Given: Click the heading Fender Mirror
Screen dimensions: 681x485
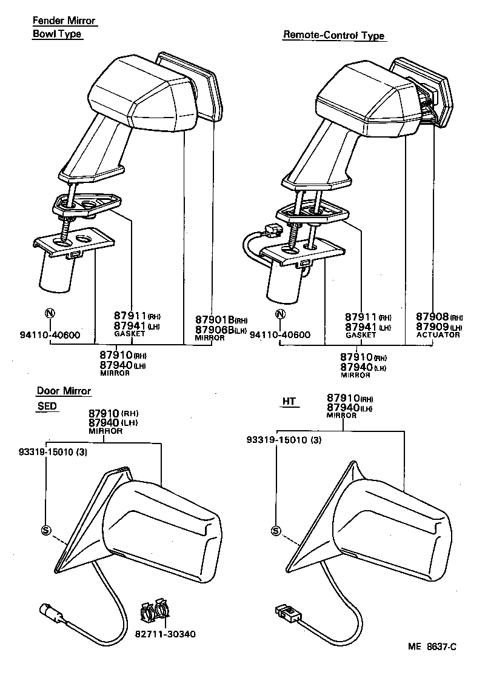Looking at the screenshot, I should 64,21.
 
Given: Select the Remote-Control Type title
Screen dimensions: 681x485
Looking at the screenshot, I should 333,35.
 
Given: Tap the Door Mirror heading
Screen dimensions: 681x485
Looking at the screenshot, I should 64,391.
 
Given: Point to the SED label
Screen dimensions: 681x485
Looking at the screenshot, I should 47,406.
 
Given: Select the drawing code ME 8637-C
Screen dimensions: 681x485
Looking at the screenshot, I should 432,646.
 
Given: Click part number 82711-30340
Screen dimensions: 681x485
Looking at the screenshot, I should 166,634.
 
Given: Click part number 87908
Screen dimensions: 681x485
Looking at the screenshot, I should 432,317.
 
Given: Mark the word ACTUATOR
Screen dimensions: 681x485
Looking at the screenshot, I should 438,335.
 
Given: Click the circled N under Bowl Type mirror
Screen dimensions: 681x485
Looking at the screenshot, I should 50,314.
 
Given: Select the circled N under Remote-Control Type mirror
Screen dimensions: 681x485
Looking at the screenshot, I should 279,314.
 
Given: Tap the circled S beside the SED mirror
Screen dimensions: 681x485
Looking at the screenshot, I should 45,530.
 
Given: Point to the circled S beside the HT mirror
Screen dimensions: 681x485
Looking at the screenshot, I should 276,531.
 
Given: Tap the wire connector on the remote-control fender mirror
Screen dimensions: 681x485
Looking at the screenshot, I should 272,230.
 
